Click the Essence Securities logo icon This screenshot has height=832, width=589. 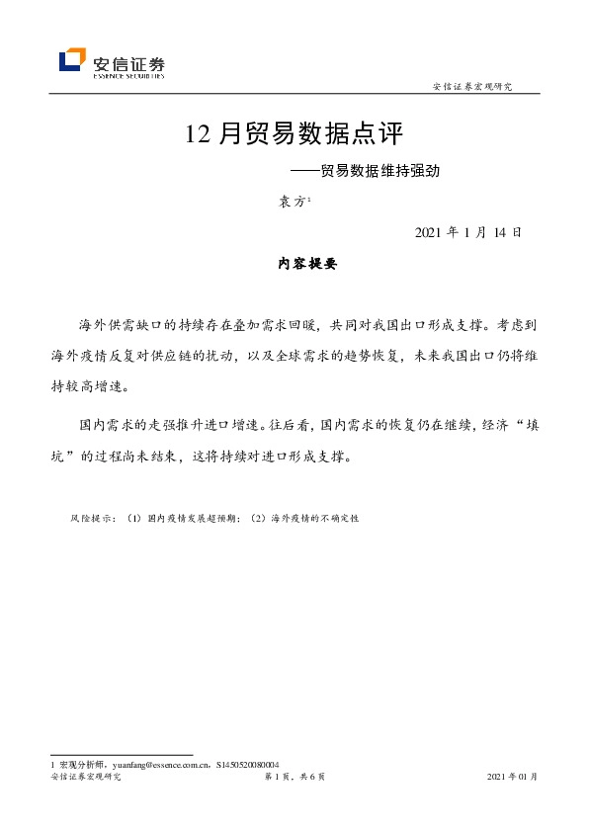tap(72, 61)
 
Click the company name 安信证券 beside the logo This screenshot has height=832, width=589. tap(127, 57)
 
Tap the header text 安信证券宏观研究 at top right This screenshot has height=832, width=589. tap(472, 87)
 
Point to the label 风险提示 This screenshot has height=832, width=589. tap(92, 517)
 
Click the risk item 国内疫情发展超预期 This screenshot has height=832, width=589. tap(189, 517)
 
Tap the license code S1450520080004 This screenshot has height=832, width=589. tap(246, 765)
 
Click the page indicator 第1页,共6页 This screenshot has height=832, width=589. tap(294, 778)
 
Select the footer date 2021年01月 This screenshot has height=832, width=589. tap(513, 778)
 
